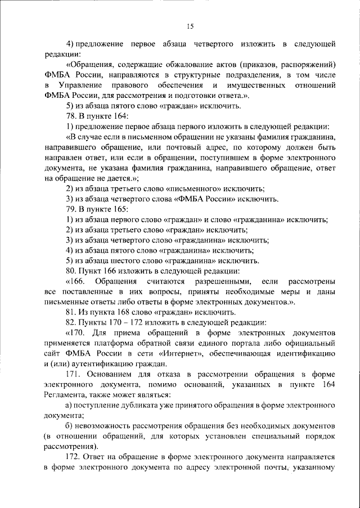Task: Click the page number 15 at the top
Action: (190, 26)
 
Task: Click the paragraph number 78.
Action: (71, 116)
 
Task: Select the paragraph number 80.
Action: (71, 271)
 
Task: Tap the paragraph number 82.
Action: (71, 322)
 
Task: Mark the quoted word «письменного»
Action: (190, 187)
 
